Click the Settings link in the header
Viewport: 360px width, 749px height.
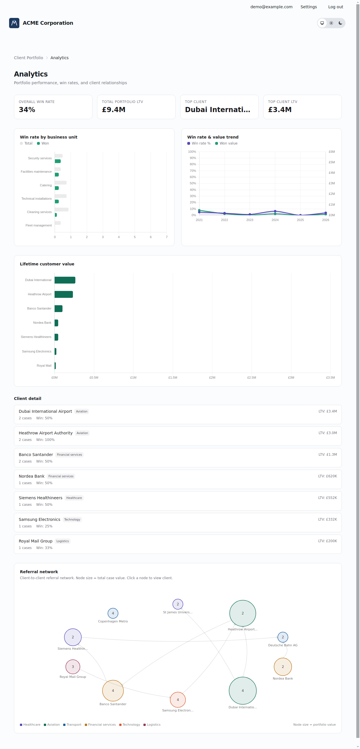(308, 7)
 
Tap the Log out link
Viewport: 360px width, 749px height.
(335, 7)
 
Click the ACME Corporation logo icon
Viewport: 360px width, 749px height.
(14, 23)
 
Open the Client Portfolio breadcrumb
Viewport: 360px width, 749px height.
(28, 57)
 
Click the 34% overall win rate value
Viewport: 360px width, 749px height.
(27, 110)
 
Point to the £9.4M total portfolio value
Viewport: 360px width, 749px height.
(114, 110)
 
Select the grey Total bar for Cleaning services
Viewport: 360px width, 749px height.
(61, 209)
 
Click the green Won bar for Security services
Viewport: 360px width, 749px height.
(57, 161)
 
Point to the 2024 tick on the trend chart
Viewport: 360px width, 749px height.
(275, 220)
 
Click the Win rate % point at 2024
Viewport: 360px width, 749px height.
(275, 211)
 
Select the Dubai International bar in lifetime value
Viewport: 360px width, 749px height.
(65, 280)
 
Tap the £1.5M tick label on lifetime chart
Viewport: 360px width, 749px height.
(172, 377)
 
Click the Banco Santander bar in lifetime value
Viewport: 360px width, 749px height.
(58, 308)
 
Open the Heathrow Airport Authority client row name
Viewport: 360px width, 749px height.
(46, 433)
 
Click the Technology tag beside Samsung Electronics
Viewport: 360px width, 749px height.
(72, 519)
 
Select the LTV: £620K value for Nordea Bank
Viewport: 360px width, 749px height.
(327, 476)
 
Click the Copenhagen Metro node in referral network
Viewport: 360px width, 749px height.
(113, 613)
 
